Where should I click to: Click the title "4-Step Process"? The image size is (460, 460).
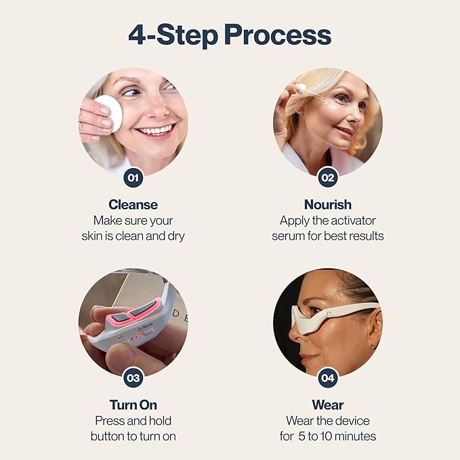click(x=230, y=35)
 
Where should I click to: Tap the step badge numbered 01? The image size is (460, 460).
click(x=133, y=178)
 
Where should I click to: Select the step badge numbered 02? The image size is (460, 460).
click(x=327, y=178)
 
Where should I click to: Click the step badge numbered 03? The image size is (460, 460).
click(x=133, y=378)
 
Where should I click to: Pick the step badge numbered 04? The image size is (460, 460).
click(x=327, y=378)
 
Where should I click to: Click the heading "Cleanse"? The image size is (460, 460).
click(x=133, y=204)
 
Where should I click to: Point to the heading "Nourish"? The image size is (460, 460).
click(x=327, y=204)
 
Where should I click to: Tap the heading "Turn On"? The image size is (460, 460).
click(x=133, y=404)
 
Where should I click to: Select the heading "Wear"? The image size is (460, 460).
click(x=327, y=404)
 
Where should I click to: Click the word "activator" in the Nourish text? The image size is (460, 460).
click(x=356, y=220)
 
